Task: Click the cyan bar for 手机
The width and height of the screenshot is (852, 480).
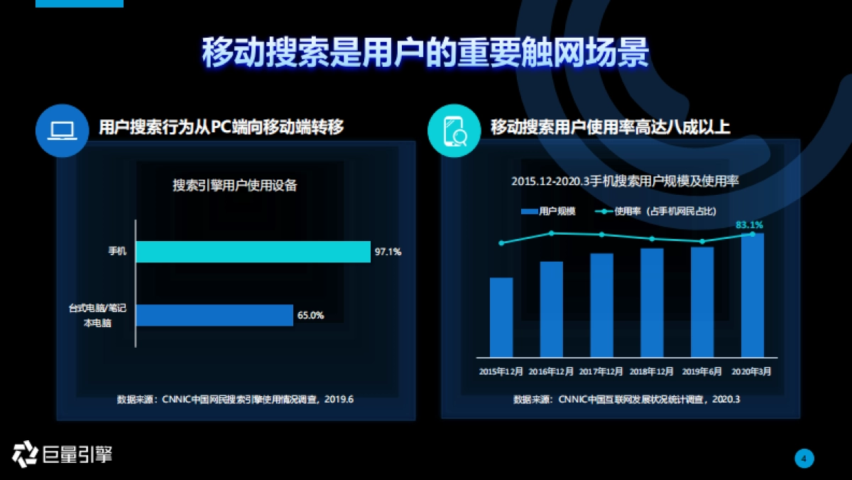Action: pos(253,252)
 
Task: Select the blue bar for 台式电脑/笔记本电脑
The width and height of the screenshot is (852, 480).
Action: pos(214,315)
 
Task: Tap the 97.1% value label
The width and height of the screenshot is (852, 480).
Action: pos(388,252)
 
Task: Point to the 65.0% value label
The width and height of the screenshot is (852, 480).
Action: pos(310,315)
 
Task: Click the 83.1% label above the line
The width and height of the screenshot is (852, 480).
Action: pos(749,225)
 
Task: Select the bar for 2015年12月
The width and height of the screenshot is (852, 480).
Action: pos(501,317)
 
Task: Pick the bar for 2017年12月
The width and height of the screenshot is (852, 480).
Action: pos(601,305)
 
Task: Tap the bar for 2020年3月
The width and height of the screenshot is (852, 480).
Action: pos(752,295)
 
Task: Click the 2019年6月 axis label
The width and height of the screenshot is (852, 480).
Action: pos(701,371)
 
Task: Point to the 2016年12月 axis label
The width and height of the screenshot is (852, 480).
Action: pos(551,371)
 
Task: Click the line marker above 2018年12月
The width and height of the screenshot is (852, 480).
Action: pos(652,239)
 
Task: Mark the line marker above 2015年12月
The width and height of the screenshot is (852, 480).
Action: pos(501,243)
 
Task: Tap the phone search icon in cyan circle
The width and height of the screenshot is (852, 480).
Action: pos(454,130)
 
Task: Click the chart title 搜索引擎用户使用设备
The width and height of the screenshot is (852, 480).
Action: pos(235,186)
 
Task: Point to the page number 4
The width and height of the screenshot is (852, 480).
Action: pos(804,459)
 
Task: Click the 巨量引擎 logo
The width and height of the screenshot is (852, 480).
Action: pos(62,454)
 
